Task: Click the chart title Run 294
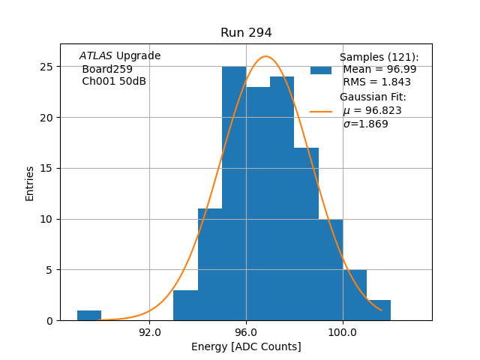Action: point(246,33)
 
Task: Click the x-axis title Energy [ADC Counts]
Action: point(246,346)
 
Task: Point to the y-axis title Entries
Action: point(30,183)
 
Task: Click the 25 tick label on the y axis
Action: point(46,67)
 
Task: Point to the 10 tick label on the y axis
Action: point(46,219)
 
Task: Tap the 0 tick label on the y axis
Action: point(49,321)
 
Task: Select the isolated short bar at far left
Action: point(89,316)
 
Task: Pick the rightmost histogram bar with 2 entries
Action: point(379,310)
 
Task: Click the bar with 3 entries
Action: point(185,305)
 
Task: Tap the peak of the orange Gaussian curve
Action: point(265,56)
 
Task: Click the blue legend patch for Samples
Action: point(321,70)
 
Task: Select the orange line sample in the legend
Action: point(321,111)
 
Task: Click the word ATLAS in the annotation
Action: point(95,56)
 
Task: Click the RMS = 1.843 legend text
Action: point(376,82)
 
